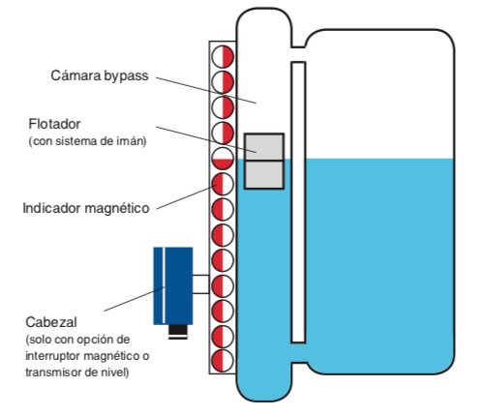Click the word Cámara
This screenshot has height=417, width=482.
tap(75, 75)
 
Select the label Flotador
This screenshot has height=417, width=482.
tap(54, 124)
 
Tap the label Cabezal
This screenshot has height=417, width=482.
tap(51, 322)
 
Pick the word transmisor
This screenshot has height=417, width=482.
tap(53, 372)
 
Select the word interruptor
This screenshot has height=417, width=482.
tap(53, 356)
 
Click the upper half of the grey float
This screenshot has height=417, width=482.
tap(264, 147)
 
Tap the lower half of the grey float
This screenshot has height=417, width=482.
tap(264, 174)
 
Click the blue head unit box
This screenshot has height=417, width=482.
tap(173, 285)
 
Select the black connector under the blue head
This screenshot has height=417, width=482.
tap(178, 332)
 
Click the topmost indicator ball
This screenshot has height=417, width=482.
tap(223, 56)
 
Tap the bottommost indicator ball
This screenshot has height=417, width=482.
tap(223, 360)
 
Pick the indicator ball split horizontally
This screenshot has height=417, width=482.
tap(223, 159)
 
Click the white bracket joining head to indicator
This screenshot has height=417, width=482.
tap(201, 284)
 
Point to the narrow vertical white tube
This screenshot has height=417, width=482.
tap(298, 202)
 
